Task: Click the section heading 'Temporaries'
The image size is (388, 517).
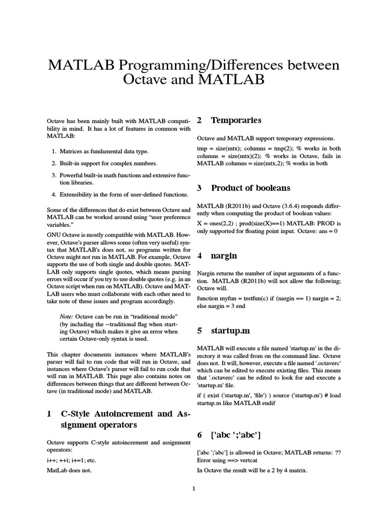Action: point(236,120)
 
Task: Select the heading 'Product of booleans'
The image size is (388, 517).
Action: point(251,188)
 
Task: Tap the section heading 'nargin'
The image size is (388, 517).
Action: point(224,256)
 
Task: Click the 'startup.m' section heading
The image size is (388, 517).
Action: point(231,331)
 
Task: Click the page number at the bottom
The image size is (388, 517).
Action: point(194,489)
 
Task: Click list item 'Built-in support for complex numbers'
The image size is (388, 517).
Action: point(108,164)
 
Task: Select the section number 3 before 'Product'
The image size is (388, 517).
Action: point(200,188)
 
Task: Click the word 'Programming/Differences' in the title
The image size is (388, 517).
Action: point(217,65)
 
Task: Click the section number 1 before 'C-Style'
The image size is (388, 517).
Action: point(49,414)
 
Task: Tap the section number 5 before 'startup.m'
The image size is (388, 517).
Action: point(200,331)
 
